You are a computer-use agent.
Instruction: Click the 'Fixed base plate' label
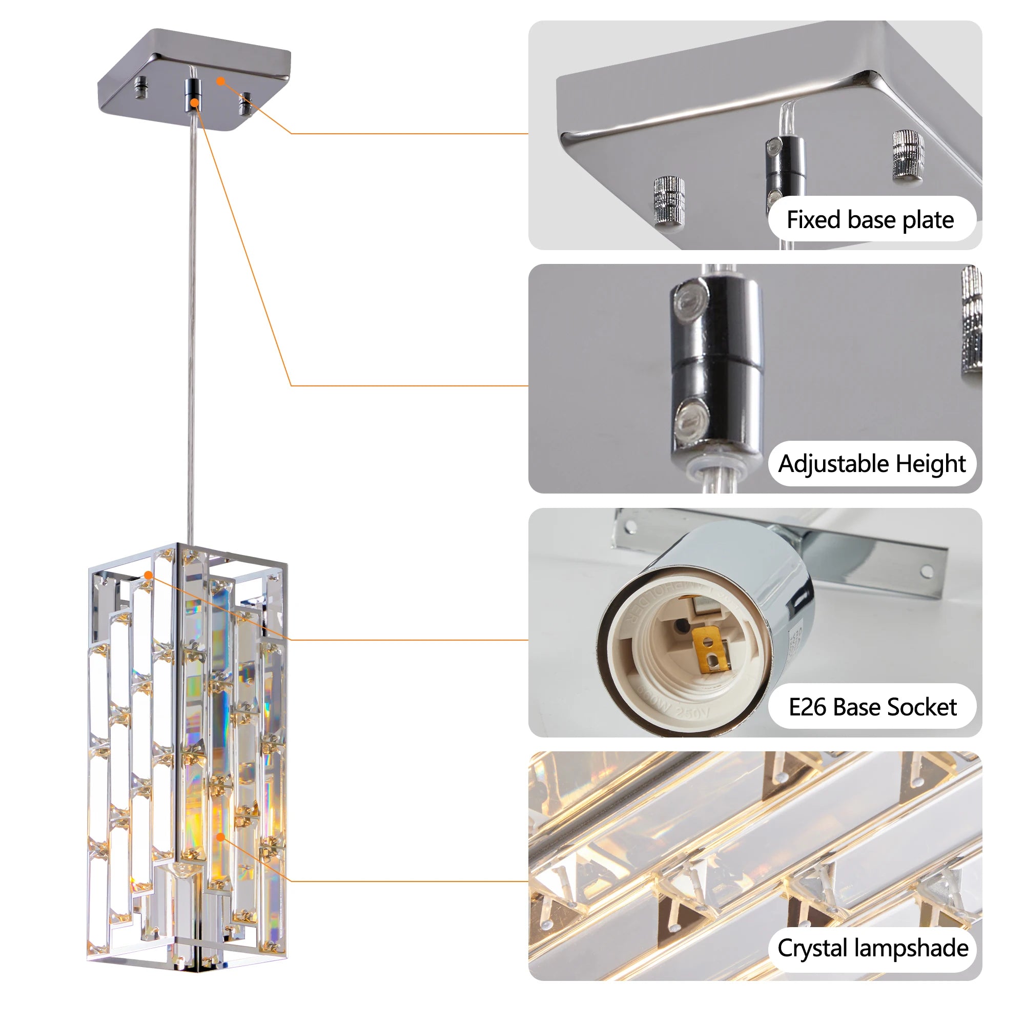tap(870, 220)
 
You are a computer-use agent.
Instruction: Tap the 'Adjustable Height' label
tap(872, 464)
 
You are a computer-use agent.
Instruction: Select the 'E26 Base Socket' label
tap(872, 707)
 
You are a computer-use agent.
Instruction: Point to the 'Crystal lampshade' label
tap(873, 948)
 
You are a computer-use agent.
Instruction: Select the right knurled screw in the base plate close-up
tap(908, 154)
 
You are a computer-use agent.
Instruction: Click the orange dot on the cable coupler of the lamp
tap(195, 102)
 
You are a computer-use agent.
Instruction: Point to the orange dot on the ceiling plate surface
tap(221, 81)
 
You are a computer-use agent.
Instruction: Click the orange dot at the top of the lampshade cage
tap(149, 575)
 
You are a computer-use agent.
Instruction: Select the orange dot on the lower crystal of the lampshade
tap(221, 837)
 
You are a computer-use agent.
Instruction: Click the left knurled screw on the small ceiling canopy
tap(141, 88)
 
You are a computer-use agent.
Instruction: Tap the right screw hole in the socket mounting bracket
tap(926, 572)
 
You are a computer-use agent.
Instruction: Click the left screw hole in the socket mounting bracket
tap(631, 527)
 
